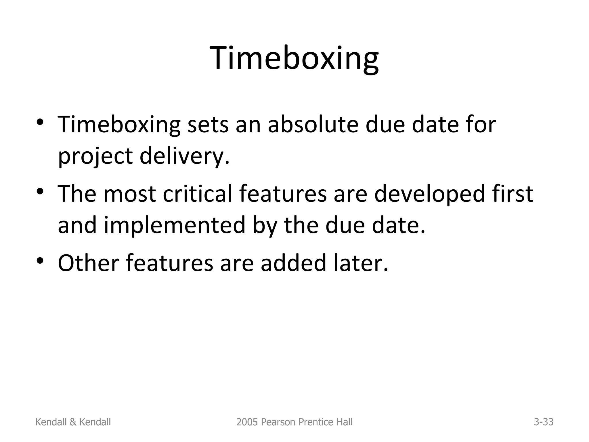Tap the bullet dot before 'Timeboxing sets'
coord(40,122)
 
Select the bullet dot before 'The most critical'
coord(40,191)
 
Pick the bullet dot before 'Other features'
coord(40,260)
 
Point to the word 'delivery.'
coord(185,156)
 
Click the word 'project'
coord(95,156)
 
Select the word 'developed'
coord(429,194)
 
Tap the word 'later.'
coord(361,263)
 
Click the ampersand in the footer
coord(73,422)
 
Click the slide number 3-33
coord(544,422)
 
